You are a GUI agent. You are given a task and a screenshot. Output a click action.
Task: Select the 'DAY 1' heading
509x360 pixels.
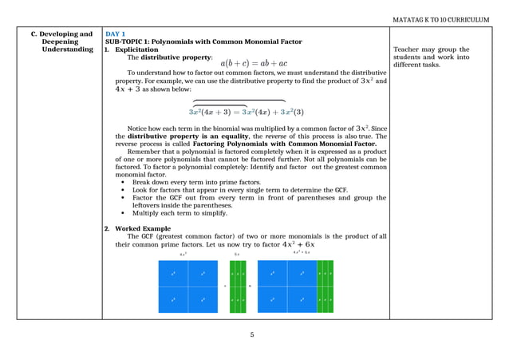pos(115,34)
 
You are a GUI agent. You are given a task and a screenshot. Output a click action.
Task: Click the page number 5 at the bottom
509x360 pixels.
pos(252,334)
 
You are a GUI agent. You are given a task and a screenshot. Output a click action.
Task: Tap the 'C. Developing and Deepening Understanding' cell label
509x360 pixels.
pos(61,42)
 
